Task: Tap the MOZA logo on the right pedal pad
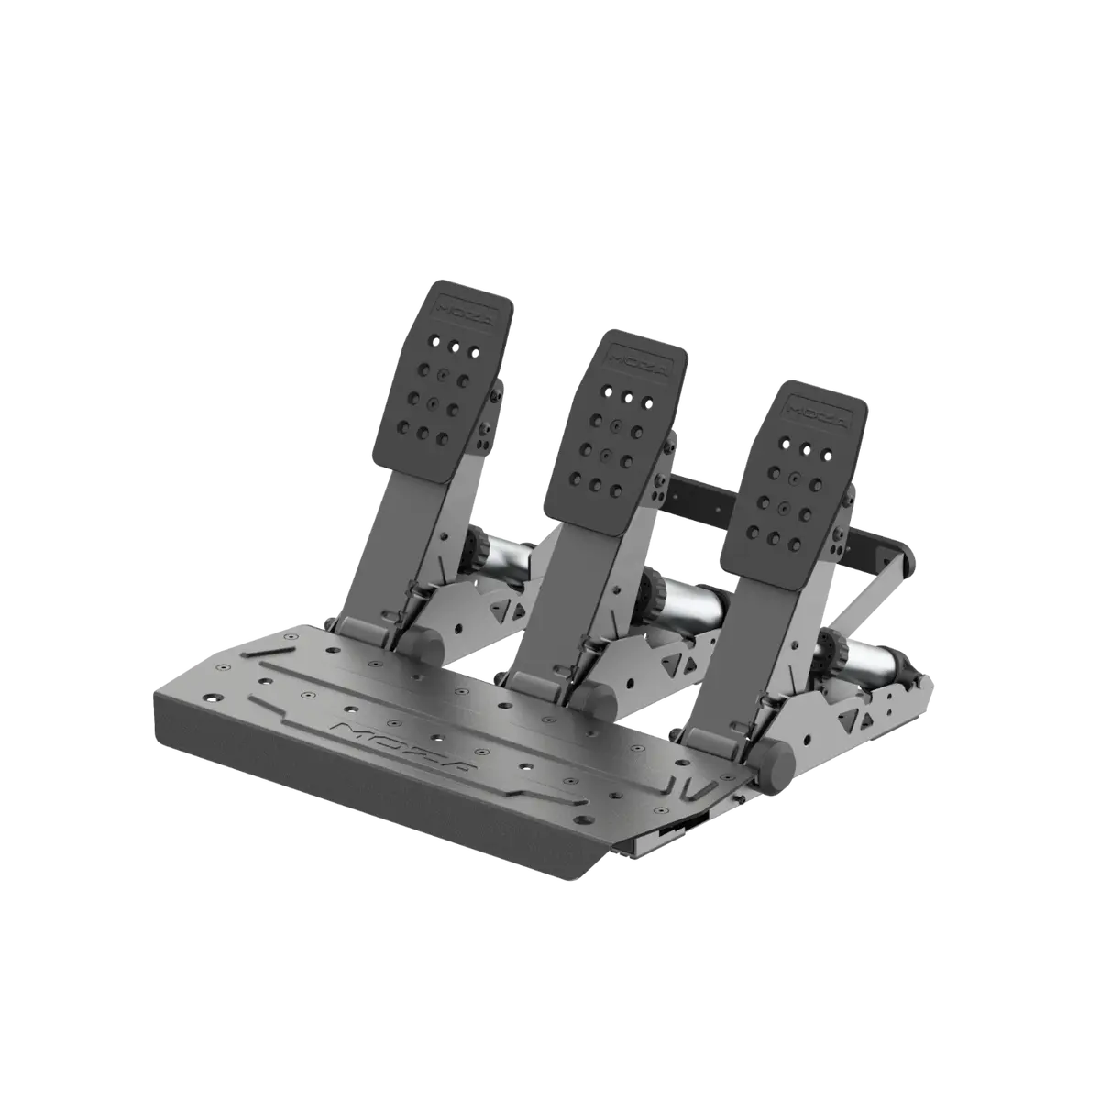(x=818, y=412)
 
